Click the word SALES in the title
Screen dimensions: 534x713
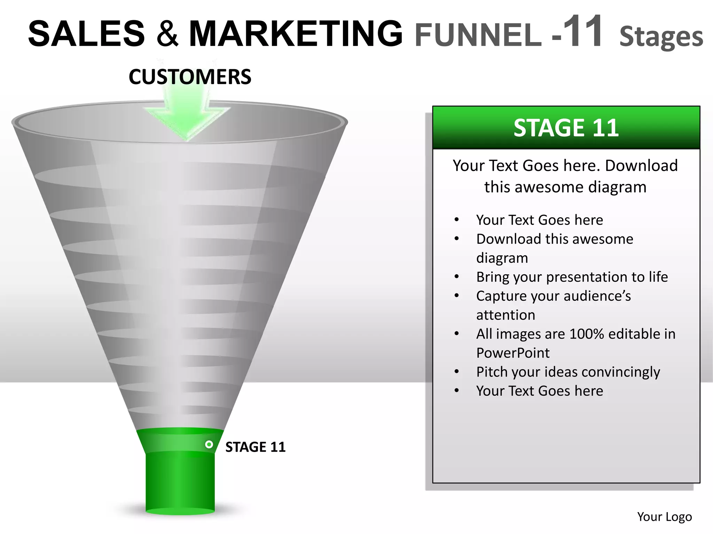tap(86, 34)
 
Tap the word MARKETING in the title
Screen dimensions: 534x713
tap(296, 34)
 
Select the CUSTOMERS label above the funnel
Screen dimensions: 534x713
tap(190, 77)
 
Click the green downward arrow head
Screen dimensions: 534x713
tap(187, 122)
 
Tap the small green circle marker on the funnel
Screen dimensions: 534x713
tap(209, 444)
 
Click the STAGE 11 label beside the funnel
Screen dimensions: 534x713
tap(256, 447)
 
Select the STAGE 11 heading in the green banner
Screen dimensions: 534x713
tap(566, 128)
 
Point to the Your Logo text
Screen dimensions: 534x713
tap(664, 517)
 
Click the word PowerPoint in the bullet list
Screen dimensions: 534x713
tap(513, 353)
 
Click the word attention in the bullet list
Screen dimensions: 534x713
tap(506, 315)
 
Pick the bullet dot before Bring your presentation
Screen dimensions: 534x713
tap(457, 277)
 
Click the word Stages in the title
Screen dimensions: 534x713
tap(661, 37)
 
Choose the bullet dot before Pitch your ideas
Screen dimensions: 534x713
tap(457, 372)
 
